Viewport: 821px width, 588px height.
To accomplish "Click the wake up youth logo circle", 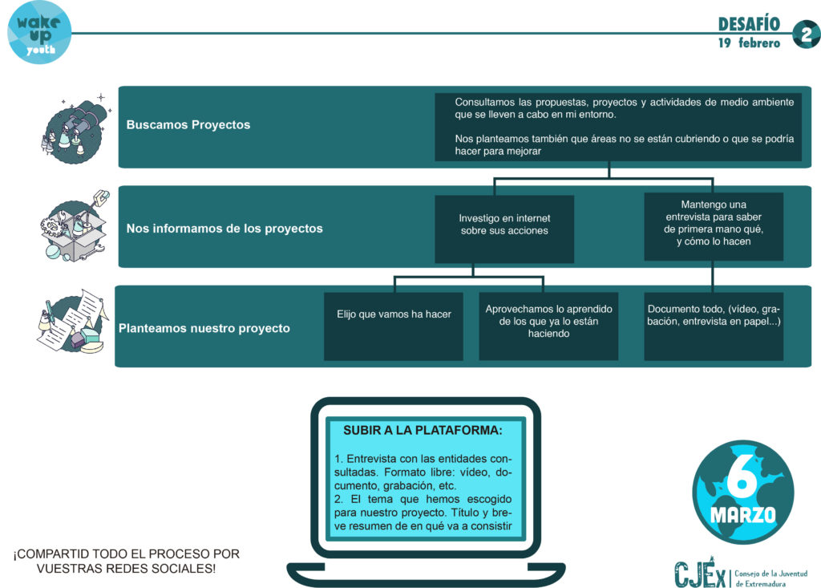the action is click(39, 33).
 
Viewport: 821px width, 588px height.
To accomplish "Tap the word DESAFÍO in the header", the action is click(749, 24).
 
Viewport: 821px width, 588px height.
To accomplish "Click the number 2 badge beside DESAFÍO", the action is click(806, 34).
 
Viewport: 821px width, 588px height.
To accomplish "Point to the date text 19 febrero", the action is click(749, 43).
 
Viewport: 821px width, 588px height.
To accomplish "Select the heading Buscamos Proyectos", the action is click(188, 124).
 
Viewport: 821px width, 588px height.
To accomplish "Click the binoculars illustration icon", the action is click(76, 129).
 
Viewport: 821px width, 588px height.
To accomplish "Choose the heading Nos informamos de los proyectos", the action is click(224, 229).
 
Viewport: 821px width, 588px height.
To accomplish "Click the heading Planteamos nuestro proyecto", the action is click(204, 328).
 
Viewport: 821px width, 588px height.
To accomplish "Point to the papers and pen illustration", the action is click(73, 322).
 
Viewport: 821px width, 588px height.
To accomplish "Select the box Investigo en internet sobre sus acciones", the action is click(504, 229).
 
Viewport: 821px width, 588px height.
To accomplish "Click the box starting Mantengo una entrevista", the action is click(713, 226).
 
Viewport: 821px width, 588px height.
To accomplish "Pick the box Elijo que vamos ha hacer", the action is click(393, 326).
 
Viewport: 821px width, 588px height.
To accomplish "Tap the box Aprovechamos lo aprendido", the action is click(548, 326).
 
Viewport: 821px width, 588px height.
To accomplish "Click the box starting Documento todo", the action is click(713, 326).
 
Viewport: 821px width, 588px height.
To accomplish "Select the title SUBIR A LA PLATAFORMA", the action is click(423, 430).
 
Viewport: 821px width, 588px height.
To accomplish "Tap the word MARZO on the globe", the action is click(742, 515).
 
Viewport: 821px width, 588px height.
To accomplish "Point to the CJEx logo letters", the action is click(701, 573).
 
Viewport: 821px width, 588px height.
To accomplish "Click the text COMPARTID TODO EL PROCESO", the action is click(126, 554).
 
